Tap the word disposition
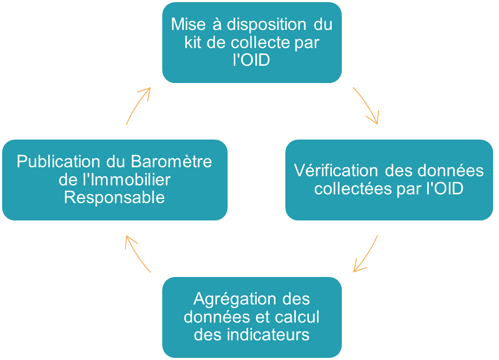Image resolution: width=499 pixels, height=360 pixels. tap(266, 24)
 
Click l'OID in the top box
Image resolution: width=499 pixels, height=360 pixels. tap(252, 60)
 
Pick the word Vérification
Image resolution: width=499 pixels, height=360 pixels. tap(336, 170)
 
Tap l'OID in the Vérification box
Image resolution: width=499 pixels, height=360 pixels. tap(445, 188)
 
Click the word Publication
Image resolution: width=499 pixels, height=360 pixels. tap(58, 161)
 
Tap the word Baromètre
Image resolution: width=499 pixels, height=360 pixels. tap(171, 161)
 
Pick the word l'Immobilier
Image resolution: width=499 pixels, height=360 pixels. tap(127, 180)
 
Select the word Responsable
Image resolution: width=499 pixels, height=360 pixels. tap(114, 198)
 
